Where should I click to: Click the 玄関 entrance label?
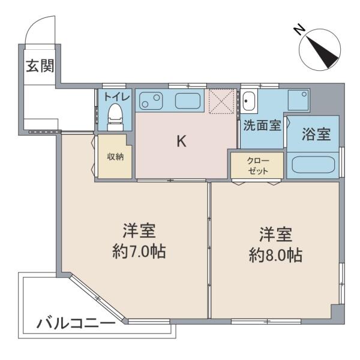click(40, 66)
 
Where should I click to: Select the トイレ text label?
click(117, 97)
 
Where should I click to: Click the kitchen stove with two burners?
click(151, 101)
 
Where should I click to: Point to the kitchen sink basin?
click(188, 101)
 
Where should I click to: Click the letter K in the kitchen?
click(181, 141)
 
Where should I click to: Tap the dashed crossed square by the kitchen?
click(222, 101)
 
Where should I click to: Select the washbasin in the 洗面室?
click(248, 101)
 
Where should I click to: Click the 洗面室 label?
click(262, 125)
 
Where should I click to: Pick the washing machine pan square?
click(298, 100)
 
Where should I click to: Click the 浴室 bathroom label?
click(316, 134)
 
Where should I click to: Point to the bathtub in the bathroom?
click(313, 164)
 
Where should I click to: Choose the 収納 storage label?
click(115, 157)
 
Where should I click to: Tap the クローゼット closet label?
click(258, 166)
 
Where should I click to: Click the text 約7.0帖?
click(139, 251)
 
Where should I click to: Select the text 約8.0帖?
click(275, 255)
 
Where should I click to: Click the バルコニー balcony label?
click(76, 324)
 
